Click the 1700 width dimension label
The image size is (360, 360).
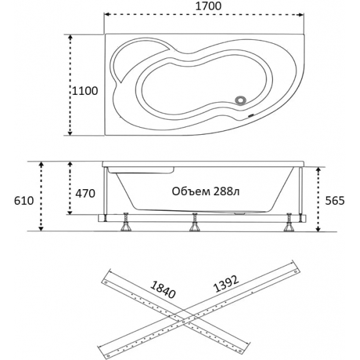pyautogui.click(x=208, y=6)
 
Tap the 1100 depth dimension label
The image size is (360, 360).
pyautogui.click(x=85, y=91)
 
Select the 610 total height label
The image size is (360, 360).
pyautogui.click(x=24, y=201)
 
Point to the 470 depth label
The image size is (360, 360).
pyautogui.click(x=85, y=193)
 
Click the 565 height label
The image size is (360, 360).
pyautogui.click(x=335, y=200)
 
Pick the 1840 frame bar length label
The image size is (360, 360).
pyautogui.click(x=163, y=290)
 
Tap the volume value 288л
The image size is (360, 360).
pyautogui.click(x=226, y=191)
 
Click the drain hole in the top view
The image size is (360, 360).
pyautogui.click(x=240, y=101)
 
